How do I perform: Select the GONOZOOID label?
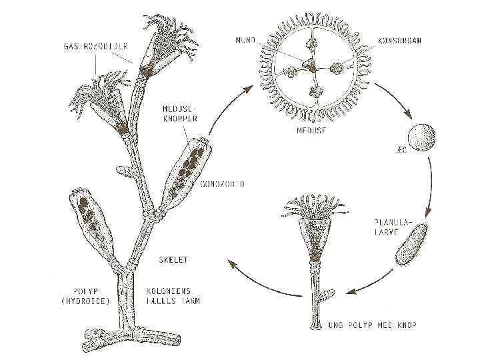[223, 183]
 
